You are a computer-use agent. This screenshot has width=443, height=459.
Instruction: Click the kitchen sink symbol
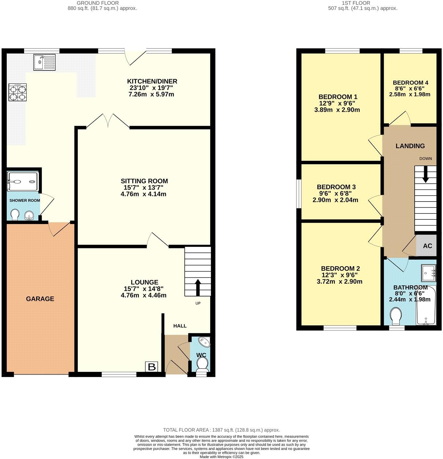click(45, 62)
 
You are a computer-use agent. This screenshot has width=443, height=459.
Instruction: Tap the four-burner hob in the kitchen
click(18, 92)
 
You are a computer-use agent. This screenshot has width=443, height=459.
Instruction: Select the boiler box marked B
click(152, 367)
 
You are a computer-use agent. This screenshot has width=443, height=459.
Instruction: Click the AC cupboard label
click(427, 246)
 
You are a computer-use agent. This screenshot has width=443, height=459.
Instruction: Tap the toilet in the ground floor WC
click(203, 364)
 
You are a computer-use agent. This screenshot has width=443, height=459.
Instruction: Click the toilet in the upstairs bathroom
click(396, 316)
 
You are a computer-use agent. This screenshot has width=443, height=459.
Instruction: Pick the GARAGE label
click(40, 299)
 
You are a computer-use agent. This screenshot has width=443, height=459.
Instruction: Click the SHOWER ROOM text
click(25, 201)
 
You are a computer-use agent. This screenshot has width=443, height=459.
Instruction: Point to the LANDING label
click(410, 146)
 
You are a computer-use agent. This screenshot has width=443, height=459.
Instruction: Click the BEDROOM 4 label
click(410, 83)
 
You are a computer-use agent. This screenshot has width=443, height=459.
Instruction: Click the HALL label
click(180, 326)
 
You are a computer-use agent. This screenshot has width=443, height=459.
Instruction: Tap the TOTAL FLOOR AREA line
click(221, 430)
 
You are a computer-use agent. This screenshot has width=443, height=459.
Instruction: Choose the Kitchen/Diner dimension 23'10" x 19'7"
click(152, 88)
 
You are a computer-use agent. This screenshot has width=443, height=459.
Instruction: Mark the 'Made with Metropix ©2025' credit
click(221, 457)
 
